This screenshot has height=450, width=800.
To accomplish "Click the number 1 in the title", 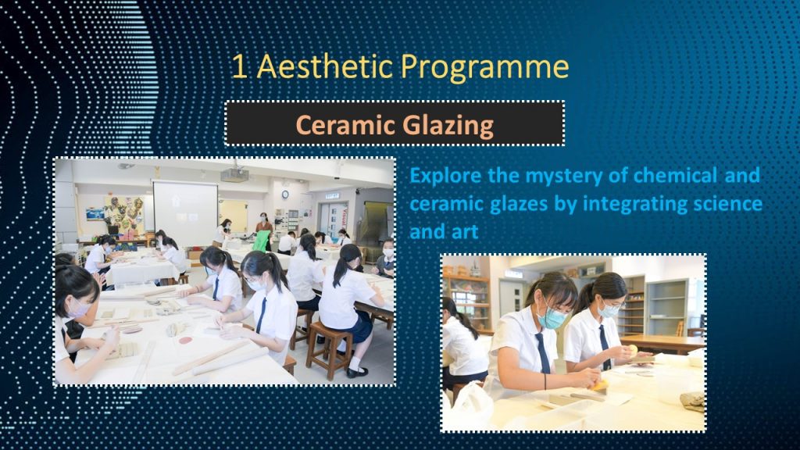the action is [240, 67].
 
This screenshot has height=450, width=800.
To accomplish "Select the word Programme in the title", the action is [484, 69].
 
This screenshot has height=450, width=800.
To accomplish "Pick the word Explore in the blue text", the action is [445, 176].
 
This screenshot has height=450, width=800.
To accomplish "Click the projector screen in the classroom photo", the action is [186, 206].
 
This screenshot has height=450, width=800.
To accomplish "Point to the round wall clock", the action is [285, 195].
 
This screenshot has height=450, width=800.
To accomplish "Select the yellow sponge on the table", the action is [600, 384].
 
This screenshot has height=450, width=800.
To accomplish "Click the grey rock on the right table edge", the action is [693, 401].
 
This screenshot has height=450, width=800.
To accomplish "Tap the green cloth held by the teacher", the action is [262, 241].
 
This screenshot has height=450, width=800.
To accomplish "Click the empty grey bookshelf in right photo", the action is [666, 306].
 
